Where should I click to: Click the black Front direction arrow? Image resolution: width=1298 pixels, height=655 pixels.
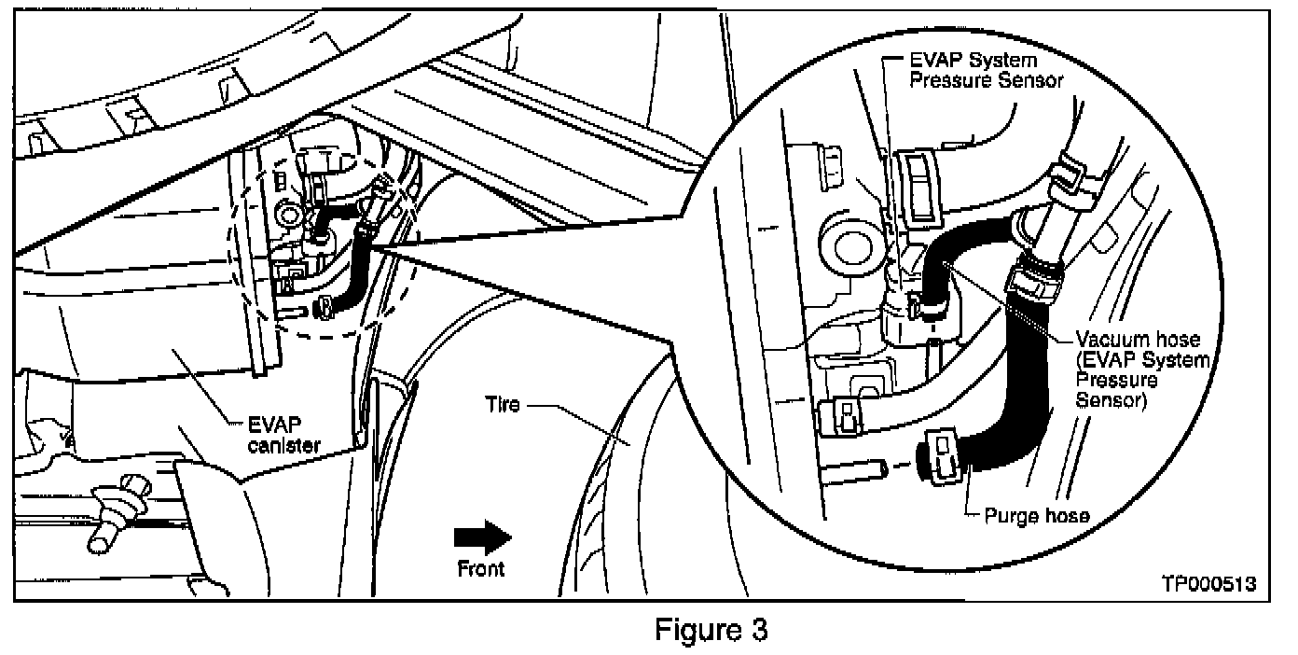(x=482, y=538)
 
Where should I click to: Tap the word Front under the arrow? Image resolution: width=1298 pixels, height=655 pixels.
(x=481, y=568)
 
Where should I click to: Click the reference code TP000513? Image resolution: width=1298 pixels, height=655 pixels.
(x=1208, y=584)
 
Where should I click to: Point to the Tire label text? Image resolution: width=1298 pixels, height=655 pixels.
(x=504, y=406)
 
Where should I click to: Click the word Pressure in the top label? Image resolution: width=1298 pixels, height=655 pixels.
(x=946, y=80)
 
